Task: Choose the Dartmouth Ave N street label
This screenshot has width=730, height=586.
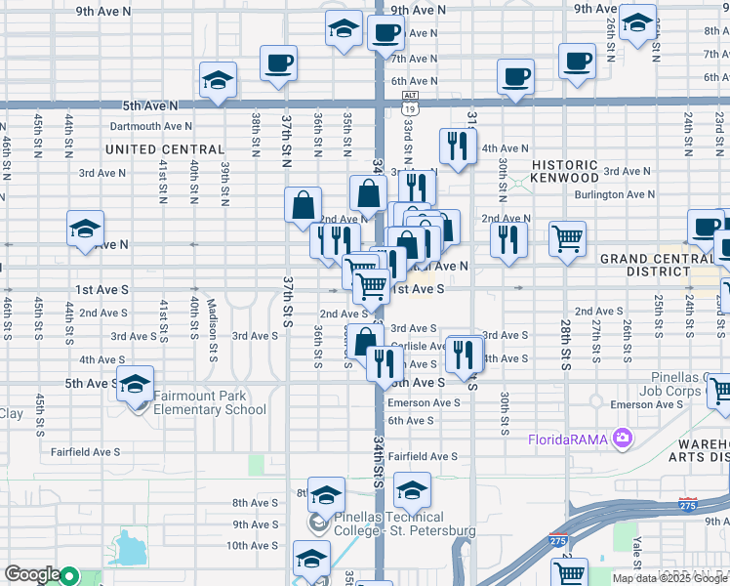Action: pyautogui.click(x=151, y=126)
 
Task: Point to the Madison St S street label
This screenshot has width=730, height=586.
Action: pyautogui.click(x=211, y=318)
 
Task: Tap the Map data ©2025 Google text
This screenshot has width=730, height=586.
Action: pyautogui.click(x=669, y=578)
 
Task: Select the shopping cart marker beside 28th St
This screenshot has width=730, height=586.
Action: pyautogui.click(x=567, y=237)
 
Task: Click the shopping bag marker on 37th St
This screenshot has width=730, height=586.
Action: pyautogui.click(x=304, y=205)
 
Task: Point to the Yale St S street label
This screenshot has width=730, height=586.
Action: pyautogui.click(x=636, y=551)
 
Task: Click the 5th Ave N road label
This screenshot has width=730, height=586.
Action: pyautogui.click(x=150, y=105)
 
